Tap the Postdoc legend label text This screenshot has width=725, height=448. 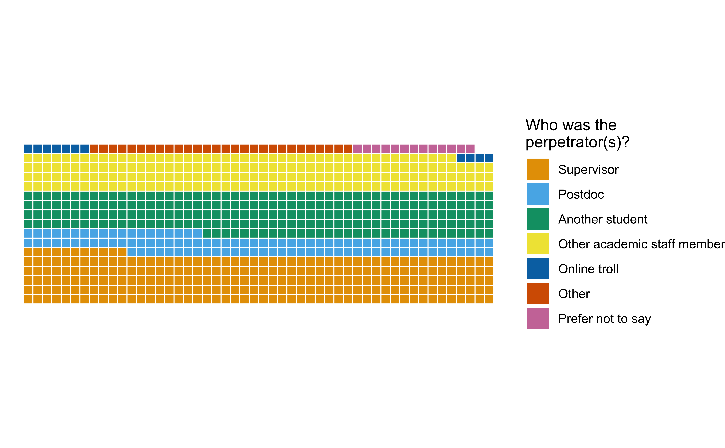click(x=581, y=194)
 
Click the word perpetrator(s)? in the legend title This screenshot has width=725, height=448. click(x=577, y=142)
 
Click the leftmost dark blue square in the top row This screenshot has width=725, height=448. click(x=28, y=148)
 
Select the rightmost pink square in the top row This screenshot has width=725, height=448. click(x=470, y=148)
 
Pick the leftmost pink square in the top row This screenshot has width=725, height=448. click(x=357, y=148)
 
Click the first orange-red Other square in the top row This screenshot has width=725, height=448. click(x=94, y=148)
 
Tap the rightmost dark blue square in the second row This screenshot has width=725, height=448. click(x=489, y=158)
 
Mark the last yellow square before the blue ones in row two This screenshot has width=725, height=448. click(x=451, y=158)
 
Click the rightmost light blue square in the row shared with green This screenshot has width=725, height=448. click(x=197, y=233)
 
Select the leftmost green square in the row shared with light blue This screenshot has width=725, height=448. click(x=207, y=233)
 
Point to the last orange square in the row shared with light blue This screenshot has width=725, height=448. click(x=122, y=252)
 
